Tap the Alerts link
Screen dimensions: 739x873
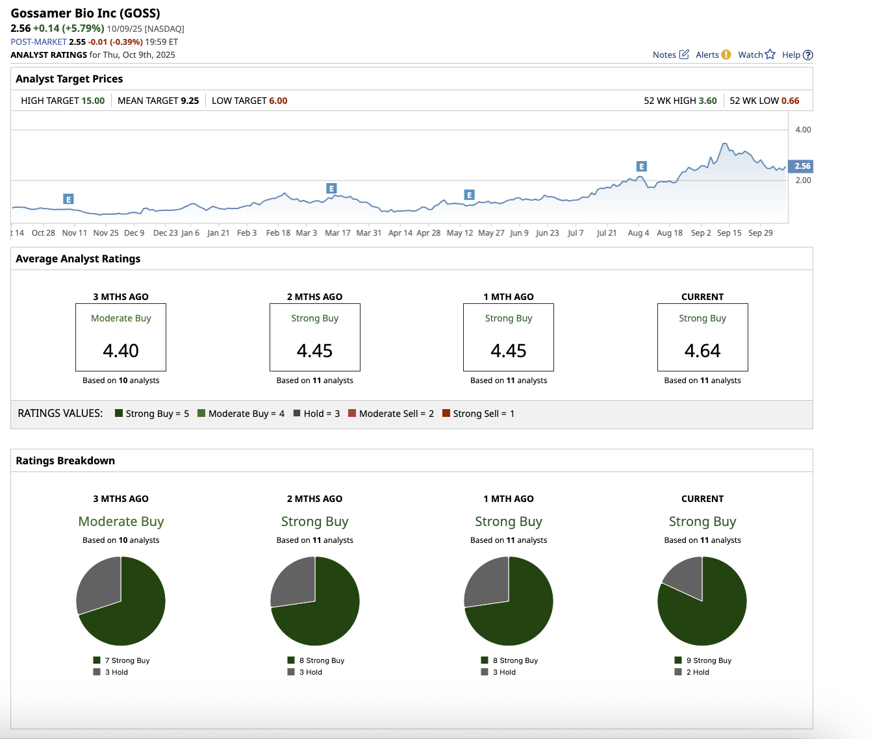(x=713, y=55)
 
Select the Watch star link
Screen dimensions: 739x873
(x=756, y=55)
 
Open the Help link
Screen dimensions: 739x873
(x=797, y=55)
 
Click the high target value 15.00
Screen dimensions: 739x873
(x=93, y=101)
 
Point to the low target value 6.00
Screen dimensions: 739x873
(x=278, y=101)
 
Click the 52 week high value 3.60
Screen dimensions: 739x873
(x=707, y=101)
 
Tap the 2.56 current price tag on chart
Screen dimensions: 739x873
(x=802, y=166)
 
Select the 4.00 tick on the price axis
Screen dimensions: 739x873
(x=803, y=130)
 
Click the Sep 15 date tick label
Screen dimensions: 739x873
(x=729, y=233)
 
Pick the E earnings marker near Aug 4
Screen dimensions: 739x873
(x=641, y=167)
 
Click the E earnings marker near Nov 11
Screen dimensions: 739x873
(x=68, y=199)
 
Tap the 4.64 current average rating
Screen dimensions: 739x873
(x=702, y=351)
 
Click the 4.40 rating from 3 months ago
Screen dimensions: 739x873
(x=121, y=351)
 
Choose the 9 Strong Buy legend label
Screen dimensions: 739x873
(x=708, y=660)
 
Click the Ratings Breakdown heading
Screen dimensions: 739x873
(x=65, y=461)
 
